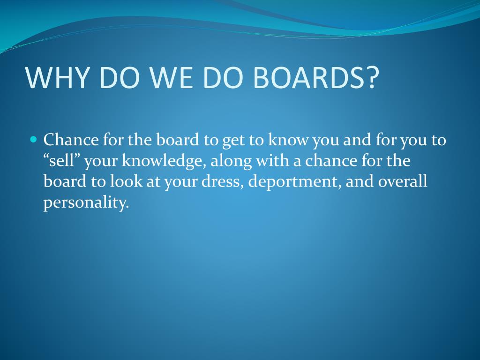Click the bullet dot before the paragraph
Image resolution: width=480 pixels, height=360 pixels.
pos(33,139)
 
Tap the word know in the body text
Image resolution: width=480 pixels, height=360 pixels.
pos(288,140)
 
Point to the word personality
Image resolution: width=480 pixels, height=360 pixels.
pos(86,203)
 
